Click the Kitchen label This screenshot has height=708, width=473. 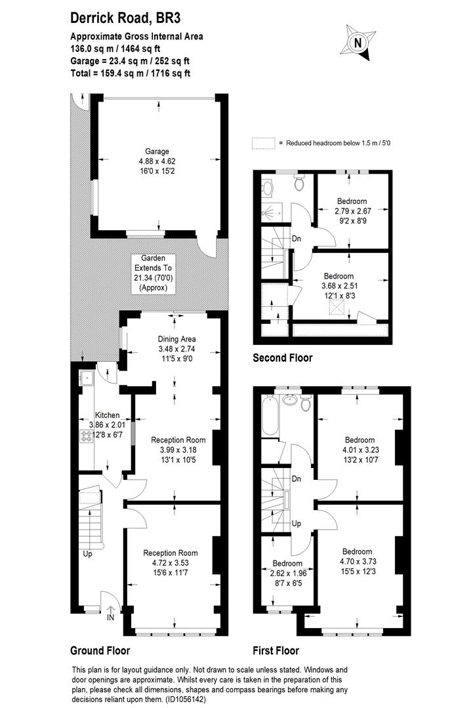(107, 416)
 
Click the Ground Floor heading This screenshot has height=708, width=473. (100, 651)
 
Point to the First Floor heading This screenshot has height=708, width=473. (276, 651)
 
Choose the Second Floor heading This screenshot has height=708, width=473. (283, 358)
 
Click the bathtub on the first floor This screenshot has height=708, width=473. (270, 416)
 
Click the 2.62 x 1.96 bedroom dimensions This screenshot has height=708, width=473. (288, 573)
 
